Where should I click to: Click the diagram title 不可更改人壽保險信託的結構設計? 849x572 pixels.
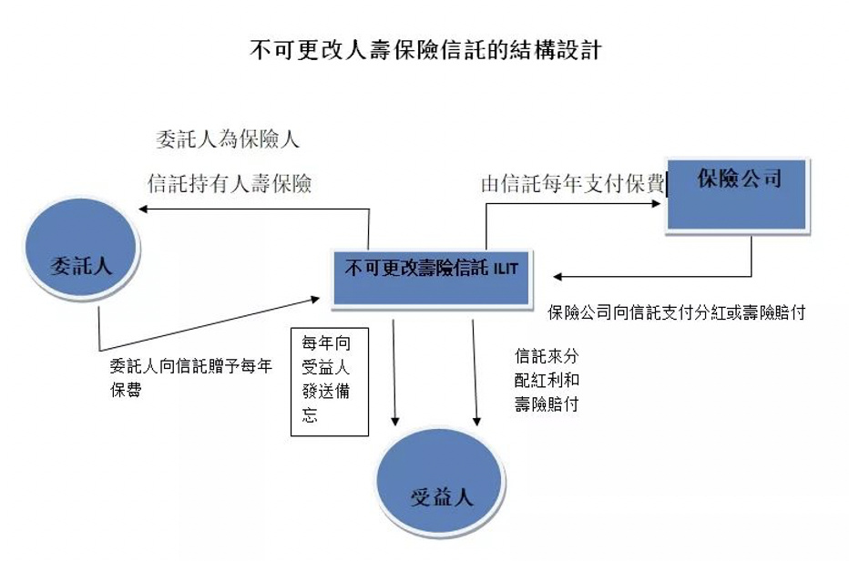pyautogui.click(x=424, y=49)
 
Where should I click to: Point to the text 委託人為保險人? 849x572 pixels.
pyautogui.click(x=228, y=140)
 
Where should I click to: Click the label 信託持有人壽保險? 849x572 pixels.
pyautogui.click(x=230, y=184)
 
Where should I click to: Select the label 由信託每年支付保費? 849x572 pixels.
pyautogui.click(x=572, y=184)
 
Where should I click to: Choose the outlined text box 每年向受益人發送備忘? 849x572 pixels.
pyautogui.click(x=329, y=380)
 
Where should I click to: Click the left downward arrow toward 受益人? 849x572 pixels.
pyautogui.click(x=395, y=419)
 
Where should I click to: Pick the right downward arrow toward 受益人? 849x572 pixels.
pyautogui.click(x=476, y=419)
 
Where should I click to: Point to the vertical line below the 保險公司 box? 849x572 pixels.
pyautogui.click(x=752, y=255)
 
